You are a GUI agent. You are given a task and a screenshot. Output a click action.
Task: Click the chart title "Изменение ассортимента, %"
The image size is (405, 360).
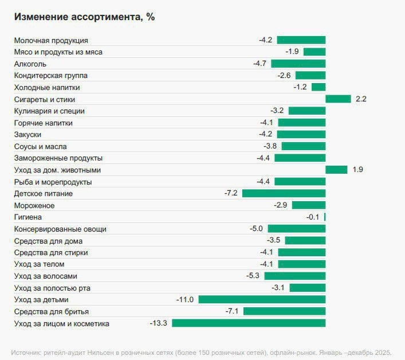(84, 17)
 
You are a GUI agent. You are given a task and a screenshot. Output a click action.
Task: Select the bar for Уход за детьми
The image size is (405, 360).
(262, 300)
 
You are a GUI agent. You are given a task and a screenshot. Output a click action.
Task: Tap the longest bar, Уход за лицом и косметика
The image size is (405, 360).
(249, 323)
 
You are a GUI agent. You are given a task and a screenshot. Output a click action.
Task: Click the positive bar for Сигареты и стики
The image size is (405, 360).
(338, 99)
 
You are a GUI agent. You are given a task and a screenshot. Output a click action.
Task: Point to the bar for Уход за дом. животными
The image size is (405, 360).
(336, 170)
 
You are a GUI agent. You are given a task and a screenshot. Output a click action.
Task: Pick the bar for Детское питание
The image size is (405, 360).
(284, 194)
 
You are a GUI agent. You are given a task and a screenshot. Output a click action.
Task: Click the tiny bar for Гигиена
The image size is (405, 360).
(325, 217)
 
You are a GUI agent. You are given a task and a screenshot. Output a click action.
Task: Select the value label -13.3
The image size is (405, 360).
(158, 323)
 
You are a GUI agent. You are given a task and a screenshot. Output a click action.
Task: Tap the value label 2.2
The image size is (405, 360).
(361, 99)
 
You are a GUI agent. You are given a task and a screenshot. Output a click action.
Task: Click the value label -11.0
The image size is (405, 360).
(186, 300)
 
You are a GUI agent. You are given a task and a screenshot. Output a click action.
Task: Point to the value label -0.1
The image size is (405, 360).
(313, 217)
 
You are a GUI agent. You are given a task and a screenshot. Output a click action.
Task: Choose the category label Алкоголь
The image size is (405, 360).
(30, 64)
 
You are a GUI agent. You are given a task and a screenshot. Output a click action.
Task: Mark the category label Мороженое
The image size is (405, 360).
(34, 205)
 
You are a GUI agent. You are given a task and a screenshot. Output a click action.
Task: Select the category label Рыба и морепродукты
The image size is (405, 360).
(53, 182)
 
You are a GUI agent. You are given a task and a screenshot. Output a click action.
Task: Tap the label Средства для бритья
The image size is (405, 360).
(52, 311)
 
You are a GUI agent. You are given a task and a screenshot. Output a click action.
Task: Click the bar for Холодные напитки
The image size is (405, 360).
(319, 87)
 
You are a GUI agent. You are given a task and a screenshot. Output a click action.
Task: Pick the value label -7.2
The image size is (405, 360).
(231, 194)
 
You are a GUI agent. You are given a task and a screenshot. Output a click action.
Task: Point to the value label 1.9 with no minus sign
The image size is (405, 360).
(357, 170)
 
